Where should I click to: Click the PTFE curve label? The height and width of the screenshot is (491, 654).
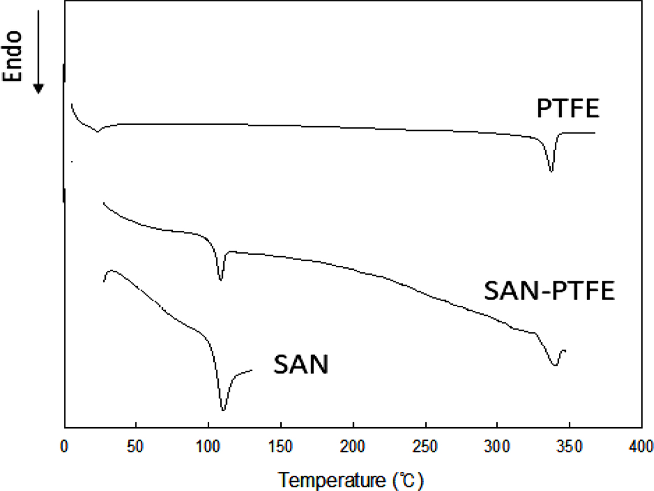568,109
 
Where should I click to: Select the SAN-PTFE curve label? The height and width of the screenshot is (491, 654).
549,291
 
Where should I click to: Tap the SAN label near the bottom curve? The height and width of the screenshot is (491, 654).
301,364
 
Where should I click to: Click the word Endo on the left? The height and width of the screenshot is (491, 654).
13,56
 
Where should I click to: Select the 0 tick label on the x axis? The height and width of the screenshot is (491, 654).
64,447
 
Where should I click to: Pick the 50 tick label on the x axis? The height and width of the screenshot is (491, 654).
135,447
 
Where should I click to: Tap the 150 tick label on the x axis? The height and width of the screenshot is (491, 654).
280,447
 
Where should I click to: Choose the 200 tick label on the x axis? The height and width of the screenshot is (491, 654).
353,447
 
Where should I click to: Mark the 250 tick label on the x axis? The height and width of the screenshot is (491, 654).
425,447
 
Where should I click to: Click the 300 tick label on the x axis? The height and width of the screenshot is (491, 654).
497,447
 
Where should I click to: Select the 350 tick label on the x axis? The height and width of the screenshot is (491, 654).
569,447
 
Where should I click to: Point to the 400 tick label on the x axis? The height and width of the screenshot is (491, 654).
641,447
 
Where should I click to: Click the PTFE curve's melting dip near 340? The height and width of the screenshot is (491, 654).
551,171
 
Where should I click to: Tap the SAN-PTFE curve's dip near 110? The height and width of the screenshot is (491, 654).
220,279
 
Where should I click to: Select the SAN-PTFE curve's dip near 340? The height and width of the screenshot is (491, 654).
555,364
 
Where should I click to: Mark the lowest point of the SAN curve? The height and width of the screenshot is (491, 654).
223,410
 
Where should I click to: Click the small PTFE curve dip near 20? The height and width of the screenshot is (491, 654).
98,131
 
